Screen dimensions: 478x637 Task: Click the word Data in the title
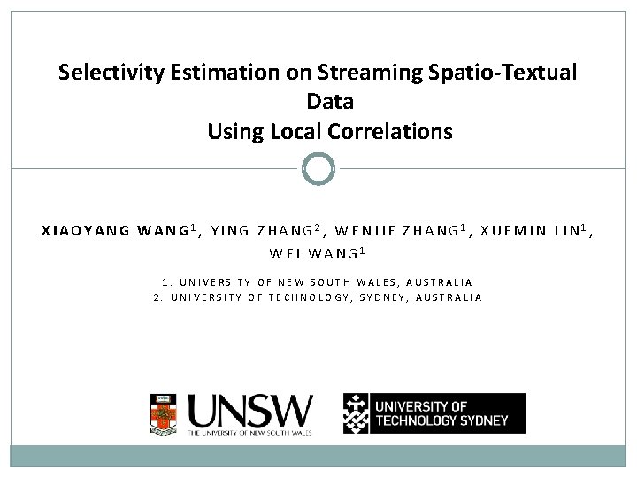[330, 102]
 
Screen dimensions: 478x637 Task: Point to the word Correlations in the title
[389, 132]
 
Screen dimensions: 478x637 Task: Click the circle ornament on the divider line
[318, 168]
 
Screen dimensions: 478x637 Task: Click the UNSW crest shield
[163, 413]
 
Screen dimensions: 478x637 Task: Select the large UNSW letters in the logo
[249, 410]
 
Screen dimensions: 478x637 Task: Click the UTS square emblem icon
[357, 413]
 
